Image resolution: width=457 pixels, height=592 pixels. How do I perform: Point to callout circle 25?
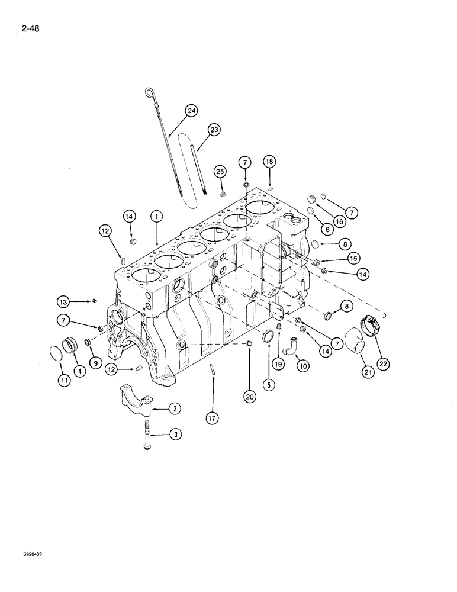[x=220, y=171]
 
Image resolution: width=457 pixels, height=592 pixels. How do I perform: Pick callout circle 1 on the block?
[x=156, y=217]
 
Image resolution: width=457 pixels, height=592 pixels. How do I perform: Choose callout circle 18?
[x=269, y=162]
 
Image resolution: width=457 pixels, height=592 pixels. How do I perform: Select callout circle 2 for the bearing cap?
[x=176, y=408]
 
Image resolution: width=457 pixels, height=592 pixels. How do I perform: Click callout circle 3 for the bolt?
[x=176, y=435]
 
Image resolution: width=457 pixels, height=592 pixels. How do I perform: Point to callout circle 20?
[x=249, y=398]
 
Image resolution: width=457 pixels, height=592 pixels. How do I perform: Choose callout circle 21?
[x=368, y=372]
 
